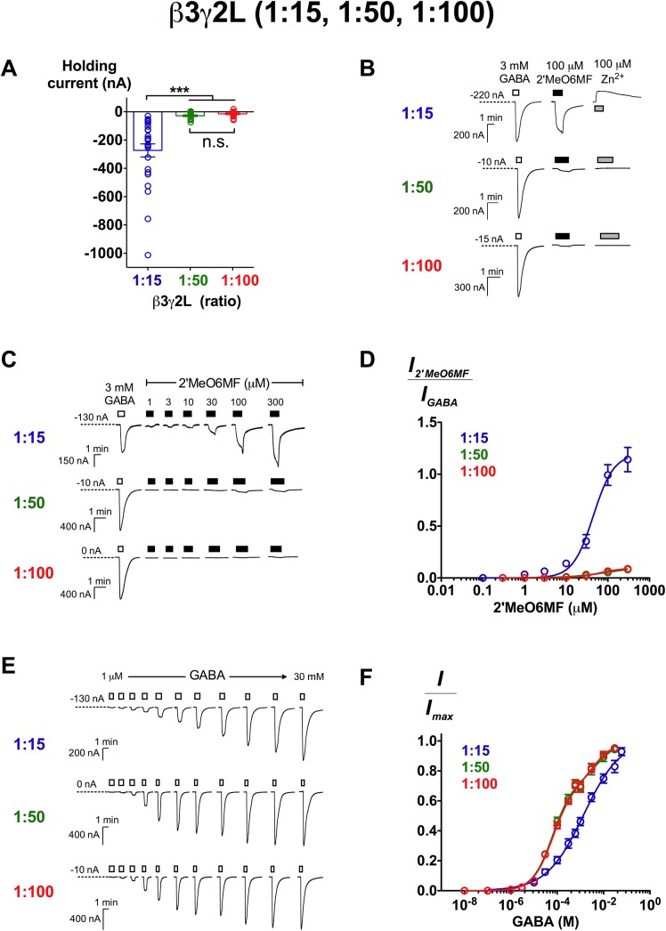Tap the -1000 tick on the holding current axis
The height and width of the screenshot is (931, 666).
pos(105,253)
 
